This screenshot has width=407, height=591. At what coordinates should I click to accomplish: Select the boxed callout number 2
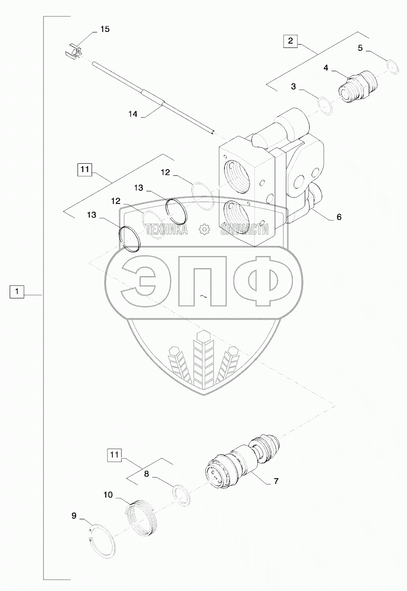pyautogui.click(x=290, y=41)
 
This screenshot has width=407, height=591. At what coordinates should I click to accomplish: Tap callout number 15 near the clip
pyautogui.click(x=105, y=30)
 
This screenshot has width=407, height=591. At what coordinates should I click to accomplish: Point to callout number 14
pyautogui.click(x=133, y=114)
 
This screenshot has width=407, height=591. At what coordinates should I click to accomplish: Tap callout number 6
pyautogui.click(x=339, y=217)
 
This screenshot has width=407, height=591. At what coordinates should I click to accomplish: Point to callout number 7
pyautogui.click(x=276, y=481)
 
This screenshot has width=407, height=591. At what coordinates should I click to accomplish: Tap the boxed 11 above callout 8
pyautogui.click(x=113, y=454)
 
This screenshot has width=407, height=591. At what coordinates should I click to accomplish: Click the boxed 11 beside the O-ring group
pyautogui.click(x=84, y=169)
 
